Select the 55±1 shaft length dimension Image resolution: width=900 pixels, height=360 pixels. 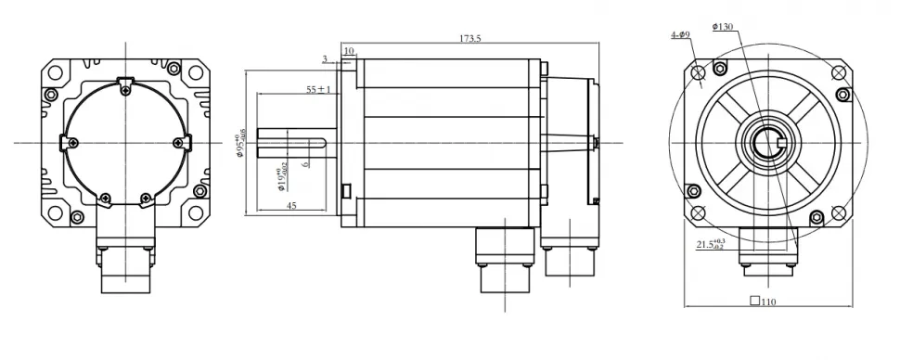[318, 89]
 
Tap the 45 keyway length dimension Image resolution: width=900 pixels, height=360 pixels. [291, 206]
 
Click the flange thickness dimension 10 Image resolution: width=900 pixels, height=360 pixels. [350, 50]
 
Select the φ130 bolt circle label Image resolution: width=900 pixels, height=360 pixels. [725, 27]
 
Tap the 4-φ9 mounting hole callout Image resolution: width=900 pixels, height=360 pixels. [680, 35]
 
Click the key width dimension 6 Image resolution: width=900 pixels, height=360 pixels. [305, 163]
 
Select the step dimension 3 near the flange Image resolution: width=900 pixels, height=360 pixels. [325, 58]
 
